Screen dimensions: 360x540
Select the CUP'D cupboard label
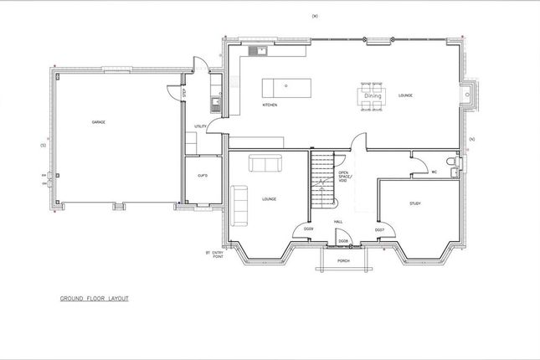[x=203, y=176]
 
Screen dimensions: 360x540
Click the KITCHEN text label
[x=270, y=105]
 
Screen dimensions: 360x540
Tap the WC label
[x=435, y=172]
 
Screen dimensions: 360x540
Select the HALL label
[x=339, y=221]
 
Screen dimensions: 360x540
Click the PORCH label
[x=342, y=260]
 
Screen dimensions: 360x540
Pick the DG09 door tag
[x=308, y=229]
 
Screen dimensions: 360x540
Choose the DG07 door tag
[x=378, y=229]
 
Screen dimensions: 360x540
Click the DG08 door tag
[x=342, y=241]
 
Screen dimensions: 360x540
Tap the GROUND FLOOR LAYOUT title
[x=94, y=297]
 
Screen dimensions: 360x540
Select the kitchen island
[x=282, y=86]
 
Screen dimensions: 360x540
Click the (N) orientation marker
[x=471, y=137]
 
